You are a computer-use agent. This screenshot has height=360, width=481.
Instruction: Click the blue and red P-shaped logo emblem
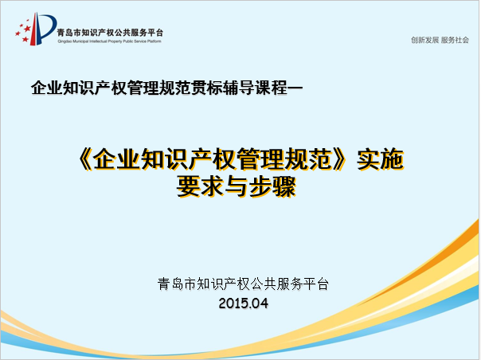pyautogui.click(x=36, y=29)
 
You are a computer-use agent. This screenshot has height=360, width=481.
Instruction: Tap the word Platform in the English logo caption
pyautogui.click(x=154, y=41)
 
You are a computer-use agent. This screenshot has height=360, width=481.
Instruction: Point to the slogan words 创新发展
pyautogui.click(x=424, y=40)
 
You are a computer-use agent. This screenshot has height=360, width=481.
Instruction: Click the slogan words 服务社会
pyautogui.click(x=456, y=40)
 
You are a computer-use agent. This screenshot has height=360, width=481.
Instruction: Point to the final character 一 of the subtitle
pyautogui.click(x=295, y=88)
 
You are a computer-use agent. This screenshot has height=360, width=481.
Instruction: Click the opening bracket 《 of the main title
pyautogui.click(x=84, y=159)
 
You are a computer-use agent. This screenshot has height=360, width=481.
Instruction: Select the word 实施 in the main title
pyautogui.click(x=380, y=159)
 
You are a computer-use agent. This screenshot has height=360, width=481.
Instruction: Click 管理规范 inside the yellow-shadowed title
pyautogui.click(x=285, y=159)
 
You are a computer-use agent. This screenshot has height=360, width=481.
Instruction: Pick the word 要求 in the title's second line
pyautogui.click(x=200, y=186)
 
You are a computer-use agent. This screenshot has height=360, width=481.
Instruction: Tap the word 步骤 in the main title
pyautogui.click(x=272, y=186)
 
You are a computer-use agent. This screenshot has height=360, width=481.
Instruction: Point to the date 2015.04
pyautogui.click(x=244, y=303)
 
